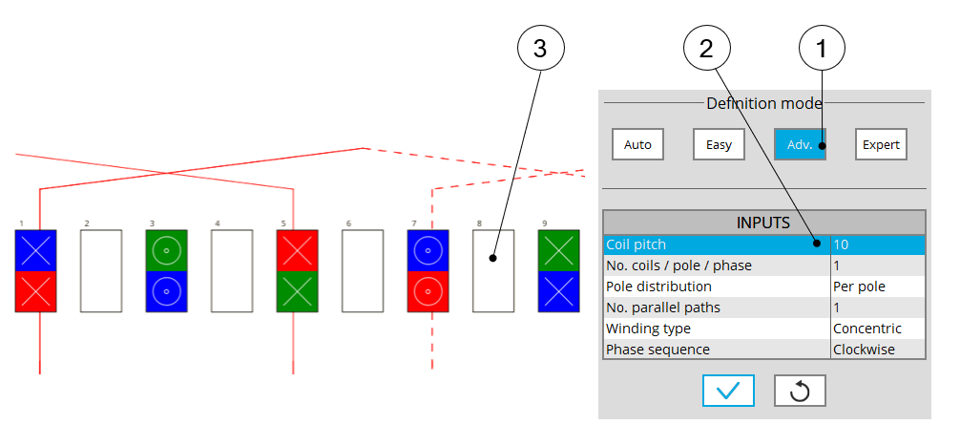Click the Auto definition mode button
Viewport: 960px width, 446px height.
click(637, 144)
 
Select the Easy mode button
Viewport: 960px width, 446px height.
click(719, 144)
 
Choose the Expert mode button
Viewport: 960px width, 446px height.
click(881, 144)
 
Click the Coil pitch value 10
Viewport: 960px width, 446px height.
click(878, 244)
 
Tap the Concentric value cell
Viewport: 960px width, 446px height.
click(878, 329)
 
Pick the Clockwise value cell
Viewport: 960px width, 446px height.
click(878, 350)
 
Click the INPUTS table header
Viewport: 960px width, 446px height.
click(763, 223)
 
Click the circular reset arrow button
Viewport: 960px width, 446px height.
click(800, 391)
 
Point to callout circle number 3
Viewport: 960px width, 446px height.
click(540, 49)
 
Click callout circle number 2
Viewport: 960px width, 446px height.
click(706, 49)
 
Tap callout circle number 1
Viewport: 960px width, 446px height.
click(823, 49)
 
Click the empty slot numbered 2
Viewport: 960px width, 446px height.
click(101, 270)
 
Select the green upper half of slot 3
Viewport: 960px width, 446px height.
click(167, 250)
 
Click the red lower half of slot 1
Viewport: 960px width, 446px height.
click(36, 291)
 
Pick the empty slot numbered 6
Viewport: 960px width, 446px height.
click(363, 270)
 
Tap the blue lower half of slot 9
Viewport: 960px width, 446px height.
click(559, 291)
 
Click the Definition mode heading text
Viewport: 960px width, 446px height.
click(763, 103)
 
